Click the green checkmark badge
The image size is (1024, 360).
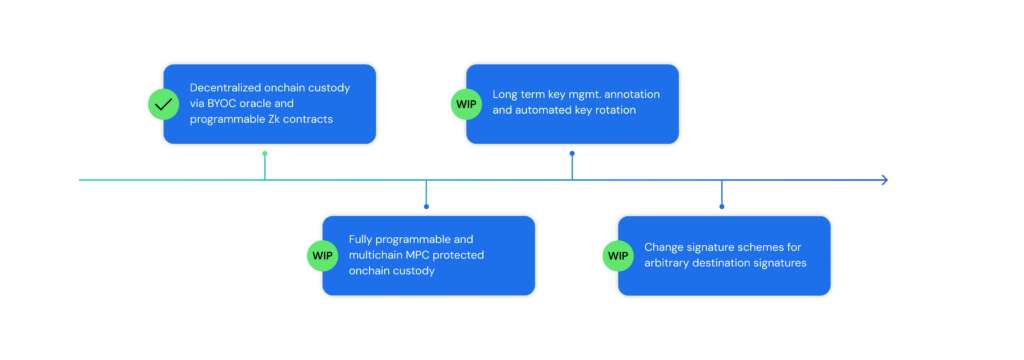click(x=162, y=103)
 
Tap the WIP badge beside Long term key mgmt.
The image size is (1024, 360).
click(x=466, y=103)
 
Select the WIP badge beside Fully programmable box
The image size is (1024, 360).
click(x=322, y=255)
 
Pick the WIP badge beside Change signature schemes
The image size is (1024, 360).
click(x=618, y=255)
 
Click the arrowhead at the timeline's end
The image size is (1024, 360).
click(x=882, y=180)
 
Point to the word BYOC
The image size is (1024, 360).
click(x=225, y=103)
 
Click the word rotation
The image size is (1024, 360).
click(x=616, y=111)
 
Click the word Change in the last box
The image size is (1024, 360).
click(x=664, y=247)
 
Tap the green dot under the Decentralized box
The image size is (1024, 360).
click(x=265, y=154)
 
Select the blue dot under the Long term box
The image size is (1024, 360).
click(x=572, y=154)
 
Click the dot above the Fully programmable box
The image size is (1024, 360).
click(x=426, y=206)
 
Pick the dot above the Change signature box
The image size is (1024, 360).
click(x=721, y=206)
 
